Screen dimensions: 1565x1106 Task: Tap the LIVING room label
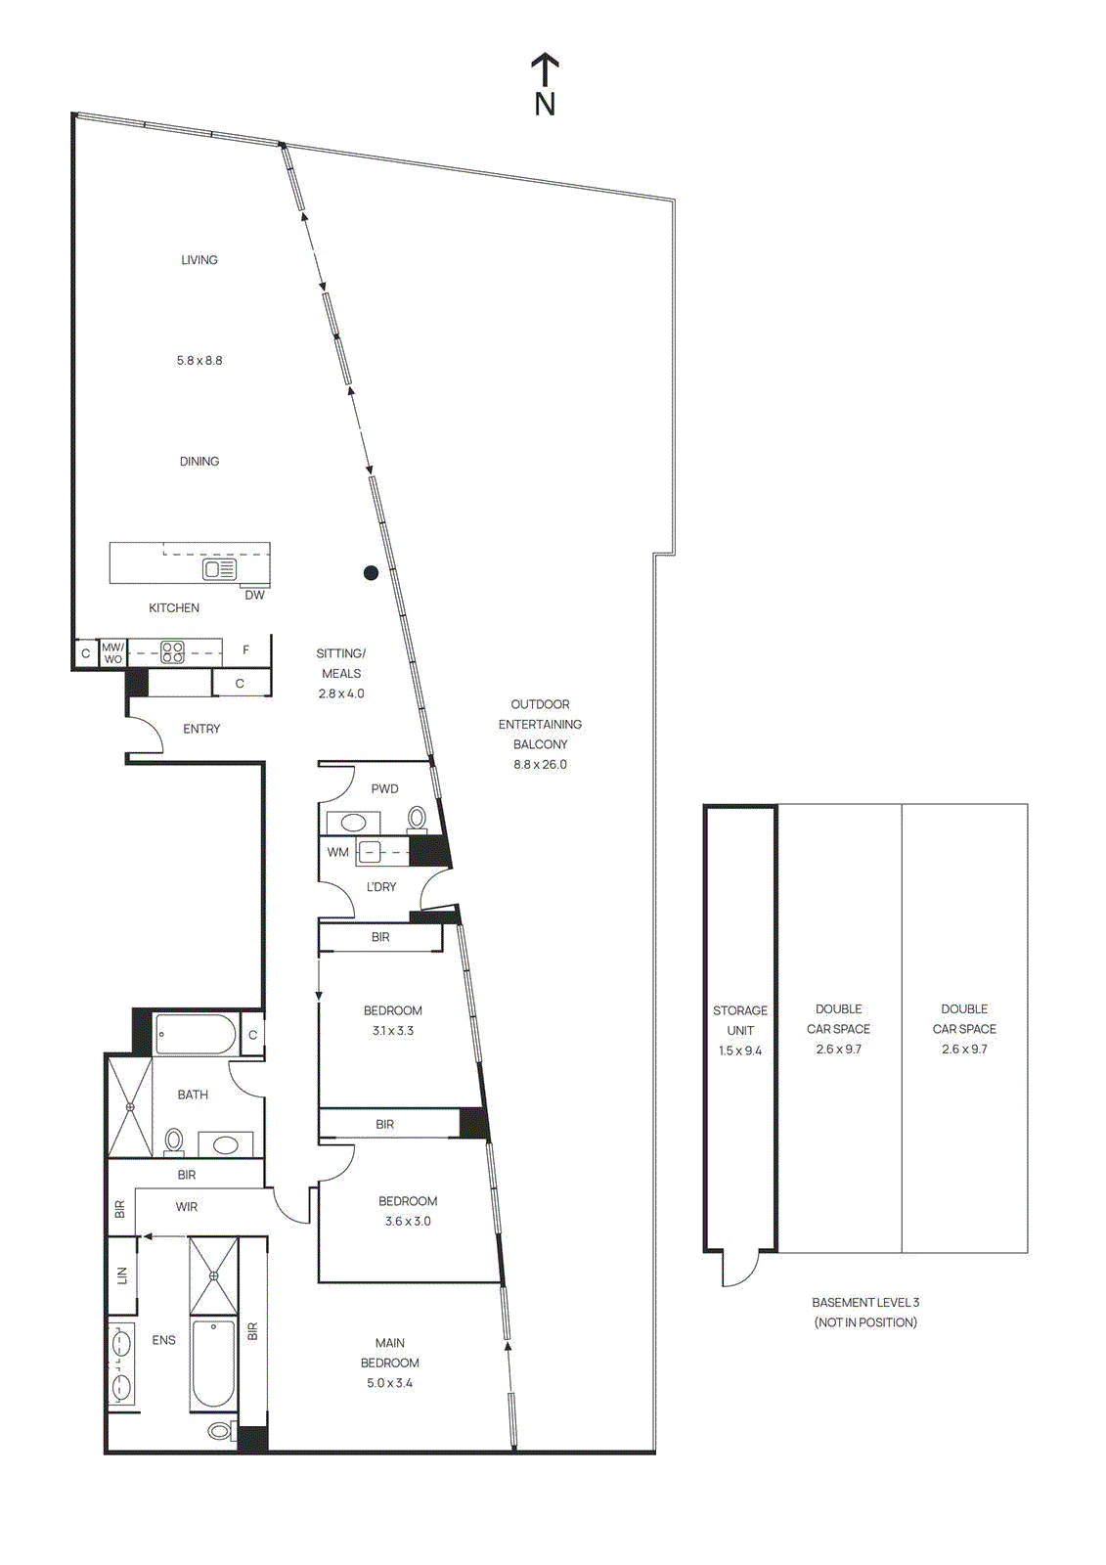tap(199, 260)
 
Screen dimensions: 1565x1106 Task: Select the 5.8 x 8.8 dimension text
tap(199, 361)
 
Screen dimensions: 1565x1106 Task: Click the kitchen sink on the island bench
tap(219, 569)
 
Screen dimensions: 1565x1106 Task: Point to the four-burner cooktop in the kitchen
tap(172, 651)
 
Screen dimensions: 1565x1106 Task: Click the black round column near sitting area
tap(371, 573)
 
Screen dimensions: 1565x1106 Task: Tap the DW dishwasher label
tap(254, 595)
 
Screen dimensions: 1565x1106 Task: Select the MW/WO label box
tap(113, 652)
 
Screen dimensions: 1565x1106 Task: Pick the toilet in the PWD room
tap(418, 817)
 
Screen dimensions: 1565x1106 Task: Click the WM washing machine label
tap(337, 852)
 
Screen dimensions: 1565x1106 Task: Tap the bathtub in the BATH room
tap(196, 1034)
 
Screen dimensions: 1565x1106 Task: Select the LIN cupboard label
tap(122, 1275)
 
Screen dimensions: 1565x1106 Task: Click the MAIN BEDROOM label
tap(389, 1353)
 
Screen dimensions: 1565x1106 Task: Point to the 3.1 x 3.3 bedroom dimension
tap(392, 1031)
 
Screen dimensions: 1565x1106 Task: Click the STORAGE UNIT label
tap(740, 1020)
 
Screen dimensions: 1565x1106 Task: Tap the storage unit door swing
tap(741, 1270)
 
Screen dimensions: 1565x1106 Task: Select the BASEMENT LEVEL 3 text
tap(865, 1303)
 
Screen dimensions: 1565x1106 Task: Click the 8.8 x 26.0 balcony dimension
tap(540, 765)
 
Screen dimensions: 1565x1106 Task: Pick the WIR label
tap(187, 1207)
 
